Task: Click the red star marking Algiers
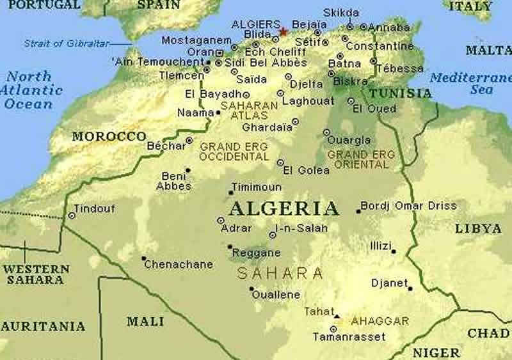pos(282,31)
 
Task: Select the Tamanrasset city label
pos(349,337)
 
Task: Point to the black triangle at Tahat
pos(337,315)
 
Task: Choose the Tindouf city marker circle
pos(72,216)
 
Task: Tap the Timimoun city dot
pos(231,192)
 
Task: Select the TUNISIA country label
pos(401,93)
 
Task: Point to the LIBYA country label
pos(478,228)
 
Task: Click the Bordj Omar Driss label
pos(409,206)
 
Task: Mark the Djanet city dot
pos(410,288)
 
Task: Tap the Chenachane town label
pos(178,263)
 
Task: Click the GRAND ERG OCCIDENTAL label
pos(234,152)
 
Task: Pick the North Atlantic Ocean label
pos(31,90)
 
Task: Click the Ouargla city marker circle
pos(326,132)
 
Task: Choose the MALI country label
pos(145,322)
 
